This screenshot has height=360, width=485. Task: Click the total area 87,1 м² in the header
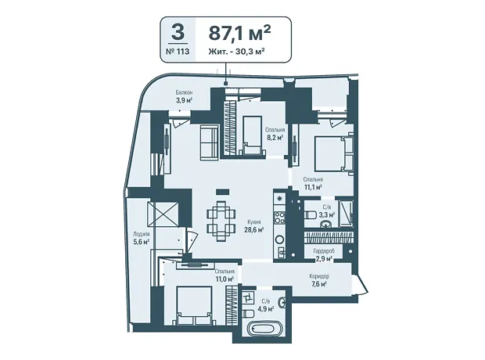(x=239, y=33)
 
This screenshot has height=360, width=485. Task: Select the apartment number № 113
(x=178, y=51)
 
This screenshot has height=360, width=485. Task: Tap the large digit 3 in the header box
(x=178, y=32)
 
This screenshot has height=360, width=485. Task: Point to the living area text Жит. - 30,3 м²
(x=236, y=51)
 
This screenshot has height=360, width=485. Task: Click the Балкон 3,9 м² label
(x=184, y=96)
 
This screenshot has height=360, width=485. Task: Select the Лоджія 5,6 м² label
(x=142, y=238)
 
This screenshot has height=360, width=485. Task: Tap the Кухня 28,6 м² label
(x=254, y=226)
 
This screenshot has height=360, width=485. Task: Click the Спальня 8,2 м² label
(x=275, y=134)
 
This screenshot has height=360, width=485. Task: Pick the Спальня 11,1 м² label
(x=313, y=183)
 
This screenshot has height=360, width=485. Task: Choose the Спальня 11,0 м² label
(x=225, y=275)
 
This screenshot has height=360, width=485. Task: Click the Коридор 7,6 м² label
(x=319, y=280)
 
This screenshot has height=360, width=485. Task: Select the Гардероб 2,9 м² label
(x=324, y=255)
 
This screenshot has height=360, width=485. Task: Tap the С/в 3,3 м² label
(x=327, y=211)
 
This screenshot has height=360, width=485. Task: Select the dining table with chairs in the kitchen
(x=221, y=221)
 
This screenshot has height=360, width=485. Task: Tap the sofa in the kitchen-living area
(x=209, y=142)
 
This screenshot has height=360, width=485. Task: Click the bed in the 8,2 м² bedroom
(x=253, y=135)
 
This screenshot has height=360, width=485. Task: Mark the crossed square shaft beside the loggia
(x=163, y=214)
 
